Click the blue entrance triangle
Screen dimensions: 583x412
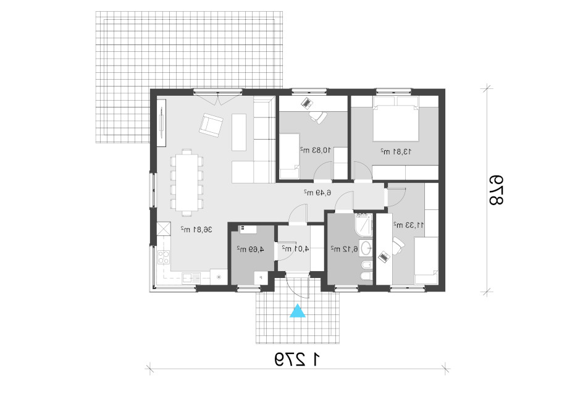[298, 311]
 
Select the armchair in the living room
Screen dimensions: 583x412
[211, 125]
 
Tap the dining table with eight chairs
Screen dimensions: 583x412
[187, 182]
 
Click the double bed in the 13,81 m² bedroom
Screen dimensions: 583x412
[396, 119]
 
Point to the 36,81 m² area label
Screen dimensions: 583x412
[196, 229]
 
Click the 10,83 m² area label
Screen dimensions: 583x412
[316, 150]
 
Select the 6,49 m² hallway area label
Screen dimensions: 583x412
[317, 193]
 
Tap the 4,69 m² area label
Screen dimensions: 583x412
[250, 249]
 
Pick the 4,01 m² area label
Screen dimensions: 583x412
[295, 248]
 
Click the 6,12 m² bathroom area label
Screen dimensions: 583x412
[344, 249]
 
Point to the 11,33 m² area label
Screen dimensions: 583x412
[409, 225]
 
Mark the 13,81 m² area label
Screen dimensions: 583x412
[396, 151]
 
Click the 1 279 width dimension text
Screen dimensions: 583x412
[298, 360]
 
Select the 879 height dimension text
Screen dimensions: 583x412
[496, 190]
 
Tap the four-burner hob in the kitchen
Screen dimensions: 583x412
[164, 257]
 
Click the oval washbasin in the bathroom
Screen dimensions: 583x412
[366, 248]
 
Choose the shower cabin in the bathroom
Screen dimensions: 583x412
[363, 224]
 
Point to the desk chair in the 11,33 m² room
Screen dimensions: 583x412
[398, 246]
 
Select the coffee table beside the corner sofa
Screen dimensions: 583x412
[239, 132]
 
